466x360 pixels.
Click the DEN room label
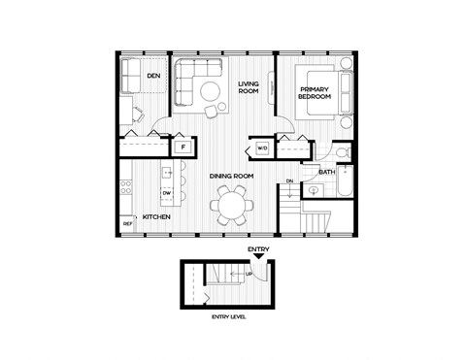pyautogui.click(x=153, y=76)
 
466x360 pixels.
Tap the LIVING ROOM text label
pyautogui.click(x=249, y=88)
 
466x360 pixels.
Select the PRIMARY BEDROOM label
pyautogui.click(x=316, y=93)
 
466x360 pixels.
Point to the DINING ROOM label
pyautogui.click(x=232, y=176)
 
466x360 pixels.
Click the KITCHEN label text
pyautogui.click(x=157, y=216)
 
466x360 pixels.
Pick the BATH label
pyautogui.click(x=327, y=172)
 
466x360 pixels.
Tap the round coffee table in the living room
pyautogui.click(x=211, y=93)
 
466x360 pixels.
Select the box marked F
pyautogui.click(x=182, y=147)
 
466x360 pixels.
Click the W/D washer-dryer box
pyautogui.click(x=262, y=148)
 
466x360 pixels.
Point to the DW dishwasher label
pyautogui.click(x=167, y=193)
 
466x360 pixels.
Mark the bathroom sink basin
pyautogui.click(x=314, y=191)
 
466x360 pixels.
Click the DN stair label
pyautogui.click(x=289, y=181)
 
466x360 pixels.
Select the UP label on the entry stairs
pyautogui.click(x=250, y=276)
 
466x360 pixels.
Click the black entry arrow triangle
pyautogui.click(x=257, y=256)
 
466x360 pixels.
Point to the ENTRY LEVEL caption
pyautogui.click(x=230, y=317)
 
